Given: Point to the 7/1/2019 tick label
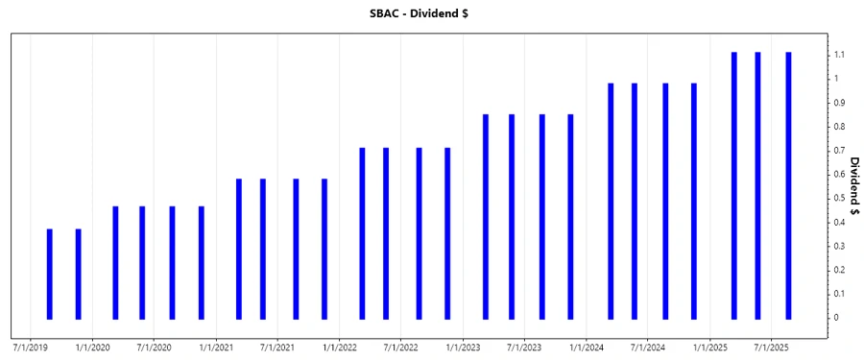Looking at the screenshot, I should pos(31,347).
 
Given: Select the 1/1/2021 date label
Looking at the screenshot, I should pos(216,347).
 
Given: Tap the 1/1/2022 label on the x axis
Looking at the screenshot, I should pos(339,347).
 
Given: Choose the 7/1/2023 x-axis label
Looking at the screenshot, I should pos(524,347).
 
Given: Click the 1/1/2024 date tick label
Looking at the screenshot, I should pos(586,347).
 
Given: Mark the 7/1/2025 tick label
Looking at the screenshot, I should pos(771,347).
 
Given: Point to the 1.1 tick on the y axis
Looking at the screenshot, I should pos(840,55).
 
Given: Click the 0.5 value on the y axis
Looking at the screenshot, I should pos(840,199).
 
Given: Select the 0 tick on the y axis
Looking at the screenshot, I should pos(837,318).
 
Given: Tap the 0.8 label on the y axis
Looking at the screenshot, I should pos(840,127).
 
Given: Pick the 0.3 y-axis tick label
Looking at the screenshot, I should pos(840,246).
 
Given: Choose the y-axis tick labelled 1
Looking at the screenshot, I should pos(837,79).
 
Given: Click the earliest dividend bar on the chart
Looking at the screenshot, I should pos(50,274).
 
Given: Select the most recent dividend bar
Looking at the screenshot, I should pos(788,185).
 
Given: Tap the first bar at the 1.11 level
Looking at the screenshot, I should pos(734,185).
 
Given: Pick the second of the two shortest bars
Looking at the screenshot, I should pos(79,274).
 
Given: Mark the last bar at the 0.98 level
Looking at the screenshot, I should pos(694,201).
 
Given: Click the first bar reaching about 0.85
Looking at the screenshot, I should pos(486,216).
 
